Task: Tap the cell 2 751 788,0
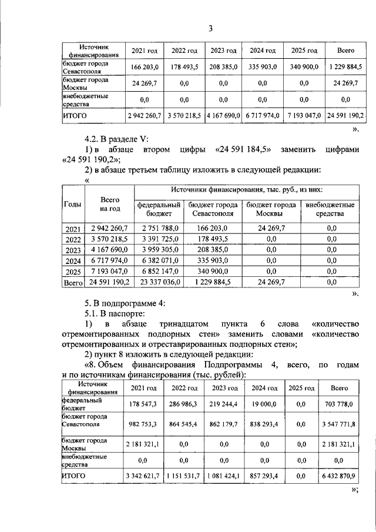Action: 159,228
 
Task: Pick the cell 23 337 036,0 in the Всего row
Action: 159,282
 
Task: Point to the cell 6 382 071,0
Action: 159,260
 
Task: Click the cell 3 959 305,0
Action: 159,250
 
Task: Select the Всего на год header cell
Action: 110,204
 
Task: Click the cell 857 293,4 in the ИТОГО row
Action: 264,474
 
